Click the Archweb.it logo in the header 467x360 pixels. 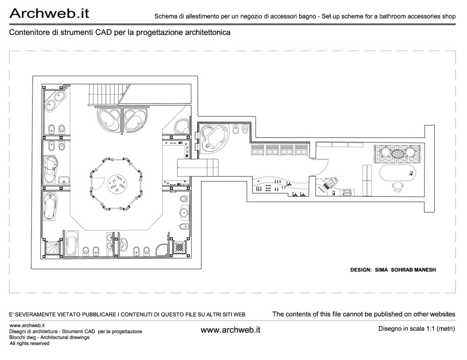49,13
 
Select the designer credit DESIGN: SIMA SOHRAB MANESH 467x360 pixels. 393,270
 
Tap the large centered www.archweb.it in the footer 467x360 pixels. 230,330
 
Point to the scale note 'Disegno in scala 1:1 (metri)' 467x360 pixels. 417,329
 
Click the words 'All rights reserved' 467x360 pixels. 30,344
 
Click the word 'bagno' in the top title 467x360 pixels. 307,17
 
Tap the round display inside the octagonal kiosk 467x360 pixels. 116,184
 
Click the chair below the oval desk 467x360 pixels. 398,186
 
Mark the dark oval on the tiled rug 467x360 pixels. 398,154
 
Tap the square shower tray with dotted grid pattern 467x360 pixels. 180,247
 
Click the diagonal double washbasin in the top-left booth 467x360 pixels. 55,101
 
